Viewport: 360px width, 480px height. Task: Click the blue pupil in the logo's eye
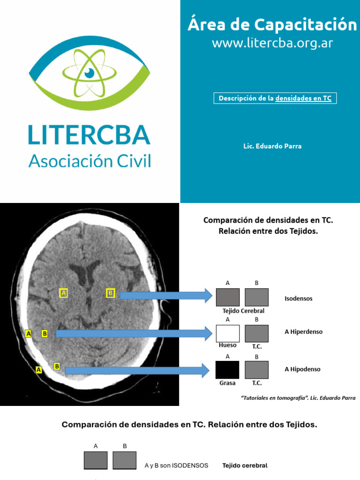(90, 73)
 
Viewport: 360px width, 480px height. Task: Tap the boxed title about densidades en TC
(276, 98)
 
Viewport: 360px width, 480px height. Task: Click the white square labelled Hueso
(228, 333)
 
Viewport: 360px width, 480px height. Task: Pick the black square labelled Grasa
(228, 370)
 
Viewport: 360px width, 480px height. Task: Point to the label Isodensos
(299, 298)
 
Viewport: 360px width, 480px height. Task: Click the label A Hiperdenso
(304, 332)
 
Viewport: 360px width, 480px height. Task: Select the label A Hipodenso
(303, 369)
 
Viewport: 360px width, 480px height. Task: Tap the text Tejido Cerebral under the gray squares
(243, 311)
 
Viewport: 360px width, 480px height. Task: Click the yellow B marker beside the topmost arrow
(111, 293)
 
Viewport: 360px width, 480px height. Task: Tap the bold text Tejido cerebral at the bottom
(245, 465)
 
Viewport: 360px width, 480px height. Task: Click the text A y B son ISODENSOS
(176, 465)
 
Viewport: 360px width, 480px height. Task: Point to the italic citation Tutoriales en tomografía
(298, 398)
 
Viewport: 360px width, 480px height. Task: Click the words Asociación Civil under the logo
(90, 161)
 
